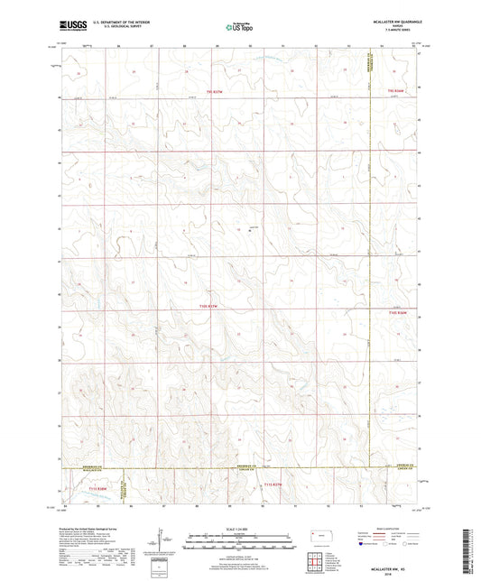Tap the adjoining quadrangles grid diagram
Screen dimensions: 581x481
click(320, 565)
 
